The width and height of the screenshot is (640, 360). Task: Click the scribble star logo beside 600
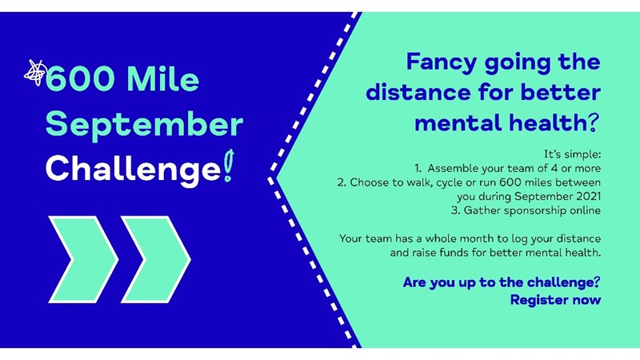(x=35, y=73)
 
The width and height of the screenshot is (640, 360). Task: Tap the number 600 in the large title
(x=80, y=79)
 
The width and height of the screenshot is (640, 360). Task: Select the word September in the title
(x=144, y=124)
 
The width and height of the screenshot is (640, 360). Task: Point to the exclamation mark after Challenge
(x=229, y=166)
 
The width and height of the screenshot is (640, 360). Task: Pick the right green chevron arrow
(x=156, y=259)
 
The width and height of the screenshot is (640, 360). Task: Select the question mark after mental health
(x=594, y=122)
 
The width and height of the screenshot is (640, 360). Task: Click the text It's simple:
(x=572, y=154)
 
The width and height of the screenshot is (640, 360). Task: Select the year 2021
(x=588, y=196)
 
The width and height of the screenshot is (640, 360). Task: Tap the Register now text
(x=555, y=300)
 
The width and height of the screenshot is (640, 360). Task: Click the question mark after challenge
(x=597, y=282)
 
